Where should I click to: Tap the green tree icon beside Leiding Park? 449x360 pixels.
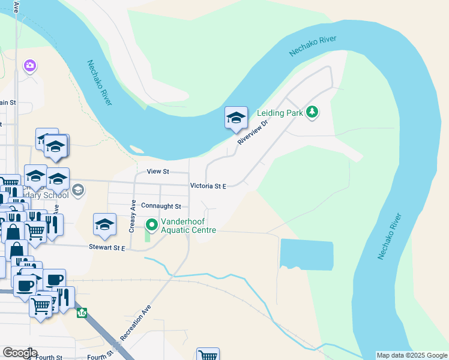click(312, 112)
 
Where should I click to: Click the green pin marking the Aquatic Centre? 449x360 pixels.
click(152, 225)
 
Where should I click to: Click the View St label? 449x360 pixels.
click(158, 171)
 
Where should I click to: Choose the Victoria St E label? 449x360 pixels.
click(208, 187)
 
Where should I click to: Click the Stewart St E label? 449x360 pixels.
click(107, 247)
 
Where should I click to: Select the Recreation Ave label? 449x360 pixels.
click(136, 322)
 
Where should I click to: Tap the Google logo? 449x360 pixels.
click(20, 353)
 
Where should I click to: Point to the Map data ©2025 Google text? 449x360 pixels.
click(412, 355)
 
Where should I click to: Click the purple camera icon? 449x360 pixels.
click(29, 65)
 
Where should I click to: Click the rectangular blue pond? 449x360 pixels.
click(306, 254)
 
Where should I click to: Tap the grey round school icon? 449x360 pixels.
click(77, 191)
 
